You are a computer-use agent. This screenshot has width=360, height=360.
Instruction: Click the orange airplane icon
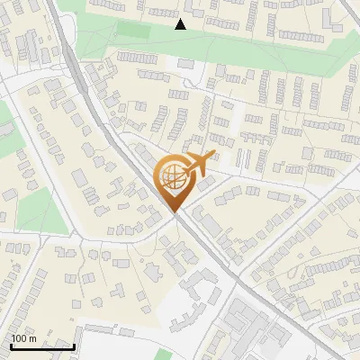tap(196, 165)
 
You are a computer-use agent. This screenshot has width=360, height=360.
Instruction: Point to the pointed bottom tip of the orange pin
tap(173, 212)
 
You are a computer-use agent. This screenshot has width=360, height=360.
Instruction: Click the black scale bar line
tap(42, 346)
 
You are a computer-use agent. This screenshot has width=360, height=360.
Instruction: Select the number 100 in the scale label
tap(20, 338)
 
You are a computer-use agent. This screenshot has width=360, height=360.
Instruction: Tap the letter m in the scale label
tap(34, 338)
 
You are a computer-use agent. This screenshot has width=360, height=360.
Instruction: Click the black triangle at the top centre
tap(181, 24)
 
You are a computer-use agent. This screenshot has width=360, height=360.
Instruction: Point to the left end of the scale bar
tap(12, 346)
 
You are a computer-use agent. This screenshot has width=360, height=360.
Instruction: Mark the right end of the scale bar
tap(74, 346)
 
